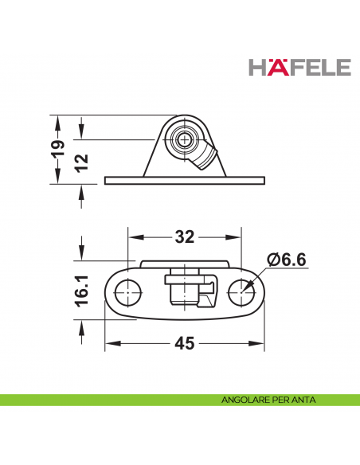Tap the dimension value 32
tap(185, 237)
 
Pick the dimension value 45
tap(185, 343)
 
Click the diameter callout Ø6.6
tap(288, 260)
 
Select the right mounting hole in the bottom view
tap(242, 292)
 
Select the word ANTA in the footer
tap(303, 401)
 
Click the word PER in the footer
tap(280, 401)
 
